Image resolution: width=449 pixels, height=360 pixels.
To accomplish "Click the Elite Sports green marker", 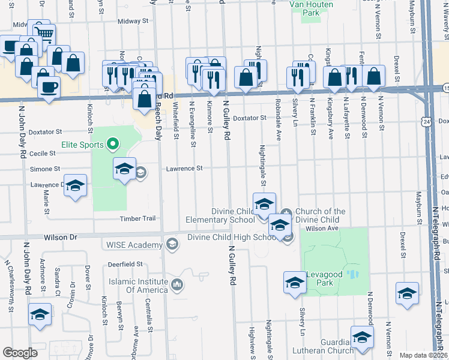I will coord(111,144).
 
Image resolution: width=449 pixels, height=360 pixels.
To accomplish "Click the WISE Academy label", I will coord(134,245).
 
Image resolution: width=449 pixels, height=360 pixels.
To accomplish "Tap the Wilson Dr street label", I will coord(61,238).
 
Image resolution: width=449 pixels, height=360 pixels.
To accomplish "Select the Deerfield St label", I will coord(125,264).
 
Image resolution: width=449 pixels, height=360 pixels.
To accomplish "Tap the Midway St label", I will coord(133,21).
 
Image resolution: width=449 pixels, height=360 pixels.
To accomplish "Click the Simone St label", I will coord(46,170).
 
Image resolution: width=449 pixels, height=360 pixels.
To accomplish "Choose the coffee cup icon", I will coord(48,87).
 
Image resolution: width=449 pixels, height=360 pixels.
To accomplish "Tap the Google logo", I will coord(20,353).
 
